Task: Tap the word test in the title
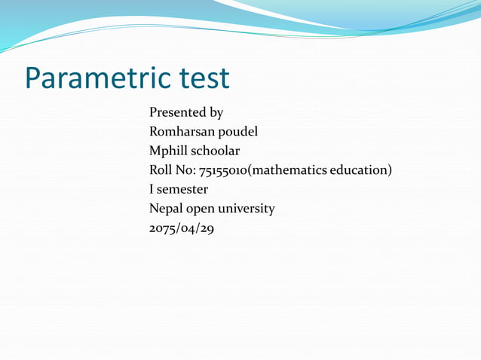click(x=204, y=78)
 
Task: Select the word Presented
click(x=178, y=113)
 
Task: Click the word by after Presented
click(x=216, y=113)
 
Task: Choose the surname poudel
click(x=237, y=132)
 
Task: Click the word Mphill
click(x=170, y=151)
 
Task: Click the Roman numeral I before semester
click(x=152, y=190)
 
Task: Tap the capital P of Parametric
click(x=33, y=78)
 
